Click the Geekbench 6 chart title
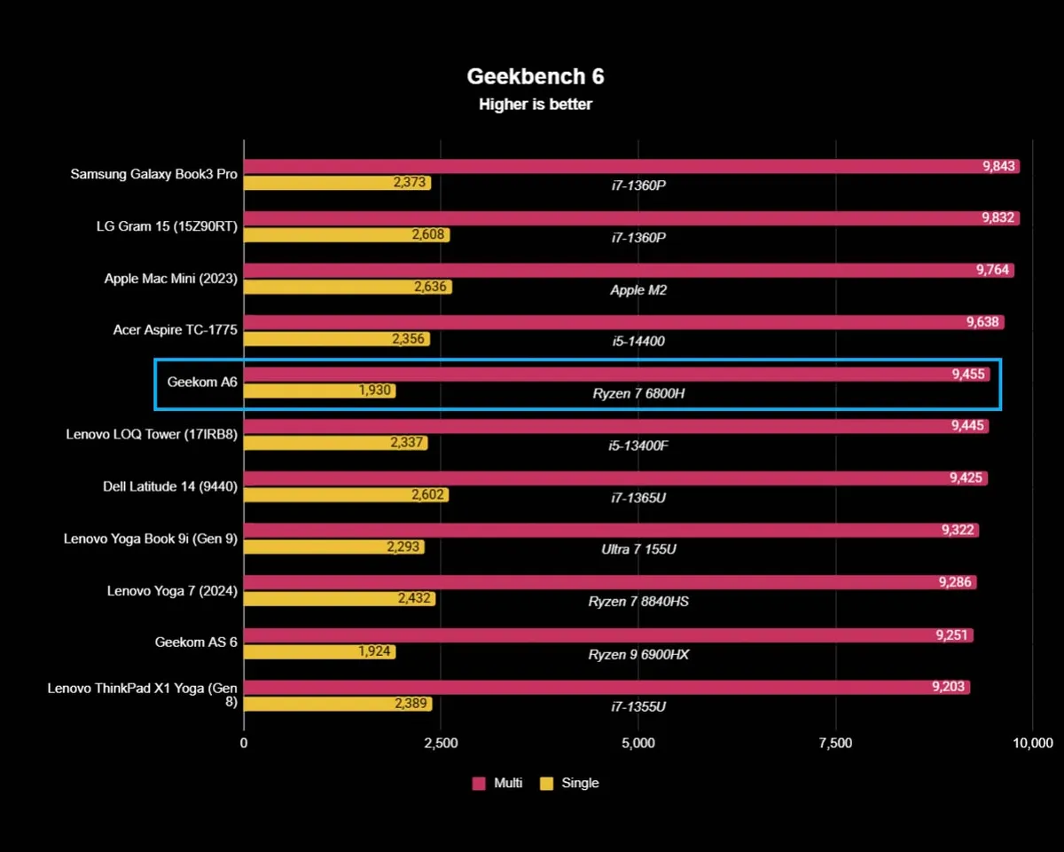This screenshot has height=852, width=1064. [536, 76]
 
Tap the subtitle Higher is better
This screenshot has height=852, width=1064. [536, 105]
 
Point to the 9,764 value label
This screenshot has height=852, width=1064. [993, 270]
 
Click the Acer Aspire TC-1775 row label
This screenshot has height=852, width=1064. [176, 329]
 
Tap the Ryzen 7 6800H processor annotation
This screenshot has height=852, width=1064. [638, 392]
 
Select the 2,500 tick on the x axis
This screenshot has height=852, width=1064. [441, 743]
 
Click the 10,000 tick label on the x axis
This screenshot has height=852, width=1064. [1032, 743]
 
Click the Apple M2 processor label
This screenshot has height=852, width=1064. [638, 289]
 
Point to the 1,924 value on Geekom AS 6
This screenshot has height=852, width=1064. [375, 651]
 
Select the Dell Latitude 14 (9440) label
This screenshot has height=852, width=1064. [170, 485]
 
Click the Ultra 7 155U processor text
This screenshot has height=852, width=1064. [638, 549]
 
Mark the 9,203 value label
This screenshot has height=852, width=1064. [949, 686]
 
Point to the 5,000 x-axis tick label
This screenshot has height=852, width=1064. [638, 743]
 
